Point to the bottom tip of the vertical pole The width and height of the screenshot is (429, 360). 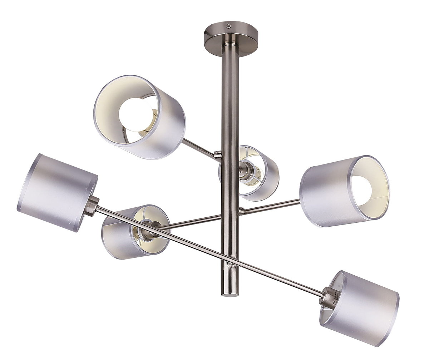pos(230,295)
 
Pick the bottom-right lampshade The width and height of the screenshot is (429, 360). pos(359,308)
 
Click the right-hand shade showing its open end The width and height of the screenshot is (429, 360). pos(344,191)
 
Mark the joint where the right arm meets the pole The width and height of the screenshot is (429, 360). pos(241,211)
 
